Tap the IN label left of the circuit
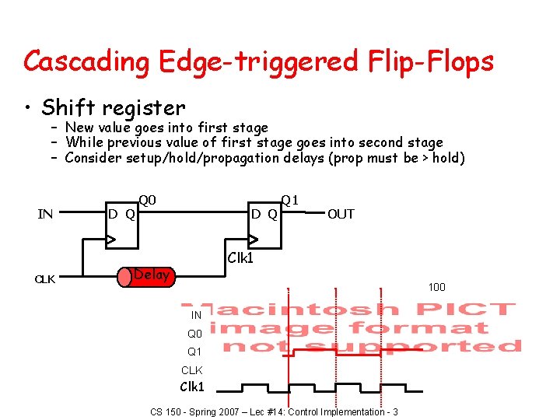(45, 214)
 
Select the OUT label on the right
(341, 214)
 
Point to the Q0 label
(148, 201)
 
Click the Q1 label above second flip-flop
(289, 201)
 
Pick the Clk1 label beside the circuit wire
(240, 257)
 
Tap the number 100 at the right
(436, 288)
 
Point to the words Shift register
(114, 107)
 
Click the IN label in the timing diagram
(196, 315)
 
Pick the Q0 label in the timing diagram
(194, 334)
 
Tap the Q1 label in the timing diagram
(194, 352)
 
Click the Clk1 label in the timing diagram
(192, 387)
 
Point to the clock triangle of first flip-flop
(112, 240)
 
